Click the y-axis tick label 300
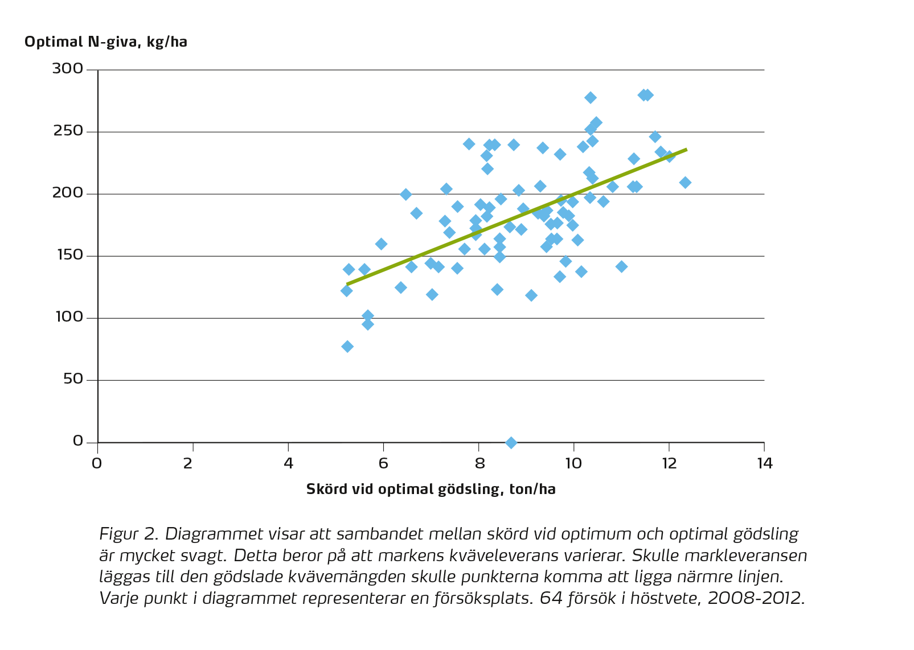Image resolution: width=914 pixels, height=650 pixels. pos(68,69)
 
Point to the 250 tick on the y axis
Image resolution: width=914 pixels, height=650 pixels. pos(68,131)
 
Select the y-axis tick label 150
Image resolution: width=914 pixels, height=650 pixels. pos(68,256)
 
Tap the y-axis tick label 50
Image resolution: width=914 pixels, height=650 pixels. pos(73,379)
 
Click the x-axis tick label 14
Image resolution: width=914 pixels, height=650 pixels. pos(764,463)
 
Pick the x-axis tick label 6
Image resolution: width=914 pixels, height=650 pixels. pos(383,463)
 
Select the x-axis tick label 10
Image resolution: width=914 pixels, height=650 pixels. pos(573,463)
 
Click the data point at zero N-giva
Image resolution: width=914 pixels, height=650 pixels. pos(511,442)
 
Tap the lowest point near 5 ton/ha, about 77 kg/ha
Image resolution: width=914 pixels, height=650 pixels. pos(347,347)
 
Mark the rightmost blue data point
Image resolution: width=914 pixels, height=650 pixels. pos(685,182)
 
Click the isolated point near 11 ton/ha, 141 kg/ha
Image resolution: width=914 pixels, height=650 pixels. pos(621,266)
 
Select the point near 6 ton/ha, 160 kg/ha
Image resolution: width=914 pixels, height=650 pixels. pos(381,244)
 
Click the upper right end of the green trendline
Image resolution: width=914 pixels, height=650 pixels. pos(686,150)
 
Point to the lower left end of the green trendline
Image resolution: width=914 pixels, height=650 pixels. pos(347,283)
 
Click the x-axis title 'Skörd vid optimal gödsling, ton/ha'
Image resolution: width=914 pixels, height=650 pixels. pos(431,489)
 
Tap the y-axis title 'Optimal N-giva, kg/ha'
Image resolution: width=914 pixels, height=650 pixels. pos(106,42)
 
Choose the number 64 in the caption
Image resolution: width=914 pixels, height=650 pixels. pos(549,598)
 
